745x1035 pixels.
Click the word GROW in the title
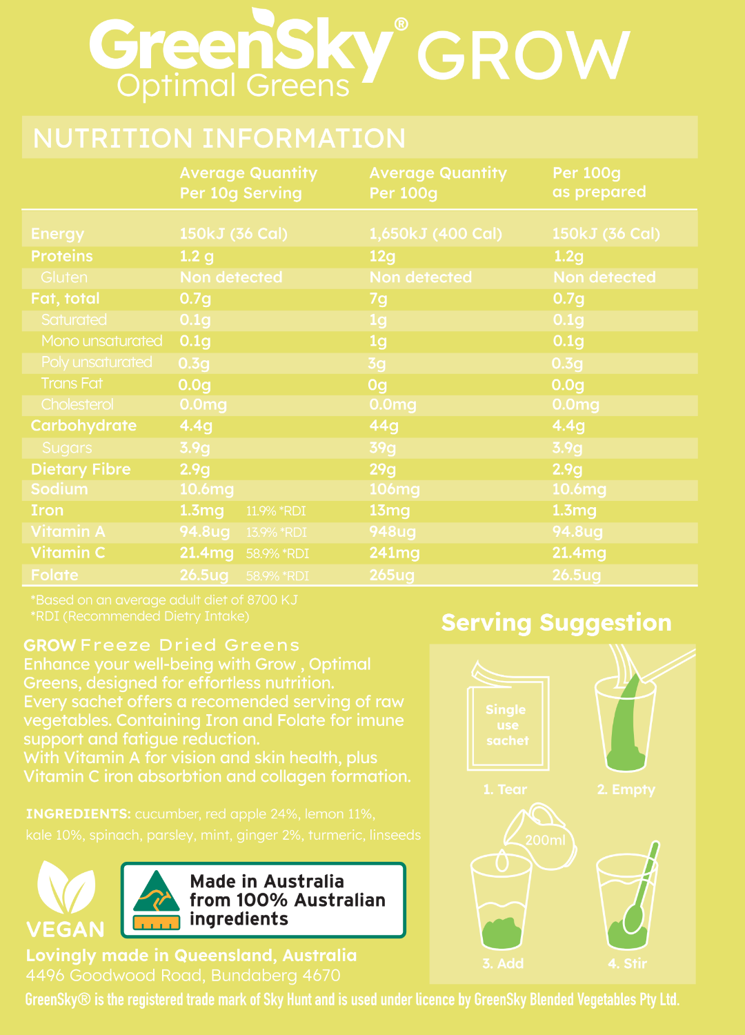click(x=523, y=56)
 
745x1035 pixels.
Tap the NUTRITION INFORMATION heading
click(x=219, y=138)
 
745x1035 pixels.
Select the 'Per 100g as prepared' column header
click(x=599, y=182)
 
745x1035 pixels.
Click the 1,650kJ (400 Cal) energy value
click(x=435, y=234)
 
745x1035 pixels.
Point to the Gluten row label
click(x=64, y=277)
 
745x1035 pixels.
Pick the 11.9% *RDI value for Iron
click(x=276, y=511)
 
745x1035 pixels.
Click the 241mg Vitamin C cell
click(x=394, y=553)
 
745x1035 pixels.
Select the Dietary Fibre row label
click(x=81, y=469)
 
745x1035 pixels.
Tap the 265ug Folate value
click(x=391, y=575)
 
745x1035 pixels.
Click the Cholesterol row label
click(x=77, y=404)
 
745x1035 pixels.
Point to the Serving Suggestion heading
click(x=556, y=622)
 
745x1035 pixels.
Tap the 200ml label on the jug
click(x=545, y=840)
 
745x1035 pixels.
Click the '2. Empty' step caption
click(x=626, y=789)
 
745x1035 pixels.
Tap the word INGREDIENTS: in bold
click(x=78, y=814)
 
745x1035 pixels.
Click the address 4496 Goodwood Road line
click(x=183, y=976)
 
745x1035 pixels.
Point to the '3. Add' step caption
click(x=503, y=963)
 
